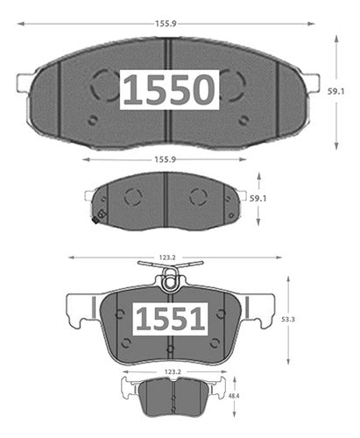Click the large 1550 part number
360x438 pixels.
click(x=169, y=89)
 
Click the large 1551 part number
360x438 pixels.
click(x=170, y=319)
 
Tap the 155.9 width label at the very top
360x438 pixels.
click(x=166, y=24)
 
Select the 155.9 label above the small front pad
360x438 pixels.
click(x=165, y=159)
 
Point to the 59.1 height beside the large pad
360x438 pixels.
click(x=335, y=91)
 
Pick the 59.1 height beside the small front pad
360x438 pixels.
click(x=258, y=199)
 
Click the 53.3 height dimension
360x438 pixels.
click(x=288, y=320)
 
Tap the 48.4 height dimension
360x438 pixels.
click(x=234, y=396)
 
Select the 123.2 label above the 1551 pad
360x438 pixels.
click(x=167, y=258)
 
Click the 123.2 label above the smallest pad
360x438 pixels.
click(x=173, y=372)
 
